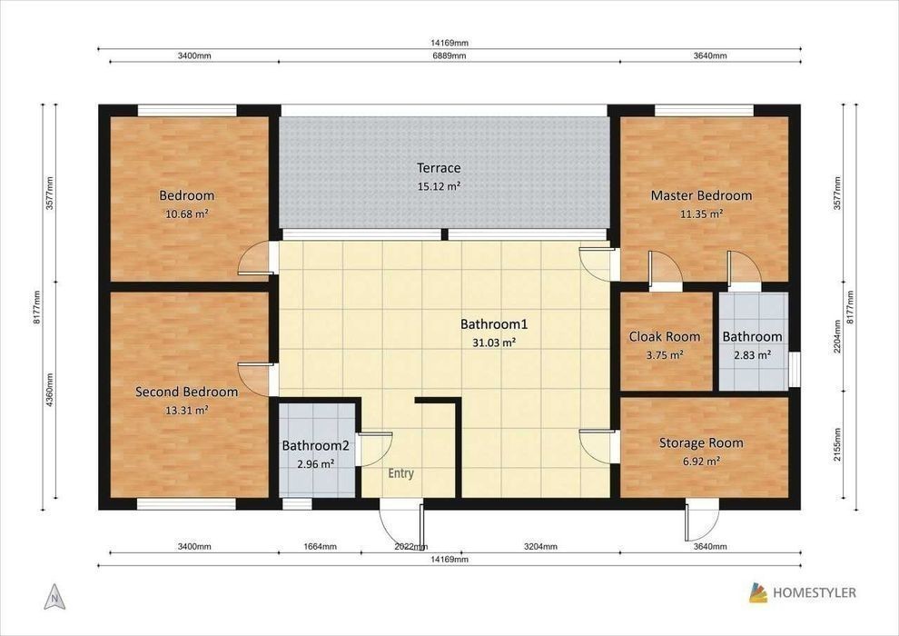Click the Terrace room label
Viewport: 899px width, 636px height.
[439, 168]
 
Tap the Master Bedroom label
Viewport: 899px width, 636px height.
[701, 195]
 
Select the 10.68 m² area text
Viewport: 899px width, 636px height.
[186, 214]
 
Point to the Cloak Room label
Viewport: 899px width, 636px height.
[665, 337]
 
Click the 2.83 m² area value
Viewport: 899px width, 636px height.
[752, 355]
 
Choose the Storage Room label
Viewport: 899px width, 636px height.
[701, 442]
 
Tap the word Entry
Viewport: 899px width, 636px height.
[400, 473]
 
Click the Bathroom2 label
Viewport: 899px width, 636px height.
[315, 445]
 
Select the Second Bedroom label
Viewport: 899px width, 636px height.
[186, 393]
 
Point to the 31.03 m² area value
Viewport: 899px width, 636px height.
[494, 343]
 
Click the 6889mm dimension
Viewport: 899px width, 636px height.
[449, 55]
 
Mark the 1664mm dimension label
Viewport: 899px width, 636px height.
[320, 547]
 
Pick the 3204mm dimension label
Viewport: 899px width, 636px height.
[540, 547]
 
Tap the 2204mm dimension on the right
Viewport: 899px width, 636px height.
[837, 336]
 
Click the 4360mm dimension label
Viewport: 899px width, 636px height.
[50, 390]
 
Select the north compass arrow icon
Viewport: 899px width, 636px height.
[54, 597]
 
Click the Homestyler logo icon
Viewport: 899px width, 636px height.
[758, 593]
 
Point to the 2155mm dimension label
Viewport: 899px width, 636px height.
[837, 444]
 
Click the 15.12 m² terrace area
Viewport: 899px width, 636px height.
[439, 186]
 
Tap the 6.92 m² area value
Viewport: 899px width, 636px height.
[701, 461]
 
